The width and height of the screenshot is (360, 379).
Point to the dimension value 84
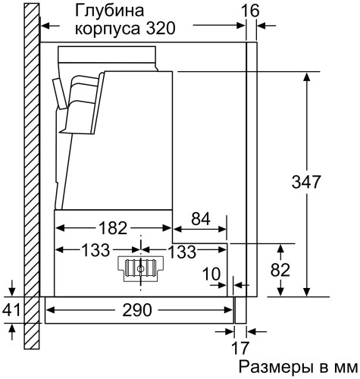pyautogui.click(x=201, y=220)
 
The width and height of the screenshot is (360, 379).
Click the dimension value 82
pyautogui.click(x=280, y=269)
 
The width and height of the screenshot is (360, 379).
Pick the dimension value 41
pyautogui.click(x=11, y=309)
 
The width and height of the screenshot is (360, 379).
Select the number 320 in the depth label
pyautogui.click(x=161, y=30)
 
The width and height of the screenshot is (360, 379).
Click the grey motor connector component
pyautogui.click(x=140, y=268)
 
